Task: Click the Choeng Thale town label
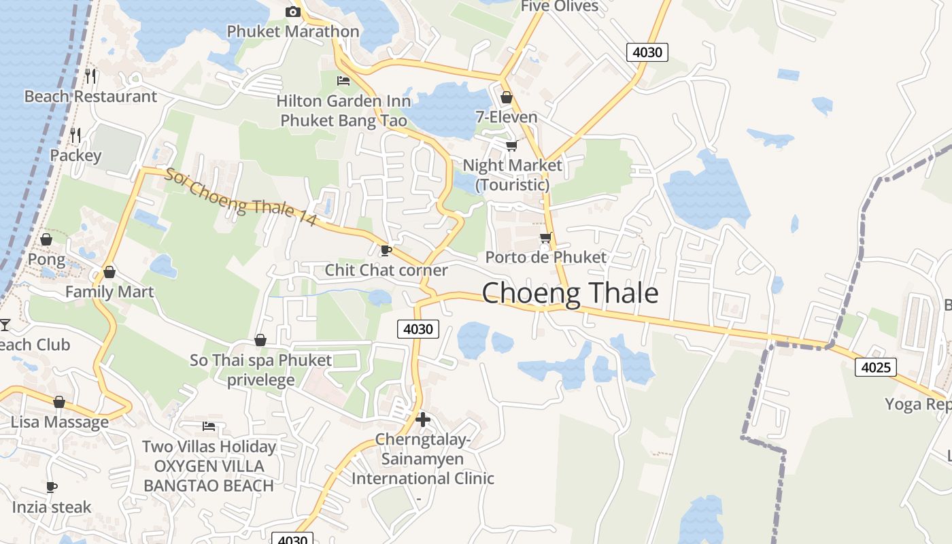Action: (x=570, y=293)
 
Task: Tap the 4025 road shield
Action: (x=875, y=367)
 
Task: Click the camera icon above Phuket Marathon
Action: (x=292, y=12)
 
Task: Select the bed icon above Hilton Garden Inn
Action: (x=343, y=81)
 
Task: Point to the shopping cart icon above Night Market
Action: (x=511, y=146)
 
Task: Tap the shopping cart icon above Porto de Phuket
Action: (x=545, y=237)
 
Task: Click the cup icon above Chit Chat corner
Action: (x=386, y=250)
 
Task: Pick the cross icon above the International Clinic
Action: (x=422, y=420)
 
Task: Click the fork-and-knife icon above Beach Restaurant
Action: (x=90, y=75)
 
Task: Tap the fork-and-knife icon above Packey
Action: (x=75, y=135)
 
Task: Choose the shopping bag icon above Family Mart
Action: (x=109, y=273)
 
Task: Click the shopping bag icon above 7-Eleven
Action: (x=506, y=97)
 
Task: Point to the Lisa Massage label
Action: (x=60, y=422)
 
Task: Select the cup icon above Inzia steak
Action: (x=51, y=487)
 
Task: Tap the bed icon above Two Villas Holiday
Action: (x=209, y=426)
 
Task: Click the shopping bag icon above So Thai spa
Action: (x=260, y=340)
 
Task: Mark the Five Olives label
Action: (x=560, y=7)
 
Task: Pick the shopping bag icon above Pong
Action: (x=46, y=239)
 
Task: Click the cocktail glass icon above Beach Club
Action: (x=5, y=324)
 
